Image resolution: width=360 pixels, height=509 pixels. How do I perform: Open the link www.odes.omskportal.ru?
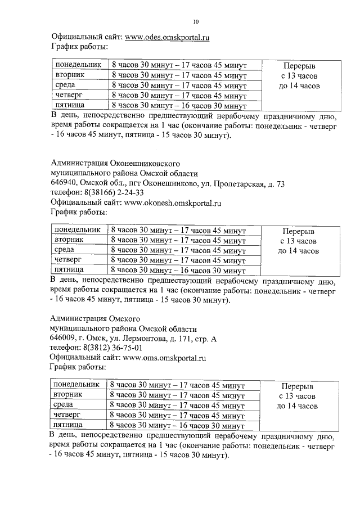point(167,38)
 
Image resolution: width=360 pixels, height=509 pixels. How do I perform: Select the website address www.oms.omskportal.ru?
point(164,357)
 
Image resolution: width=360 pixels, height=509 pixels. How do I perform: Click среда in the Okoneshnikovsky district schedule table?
point(64,250)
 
